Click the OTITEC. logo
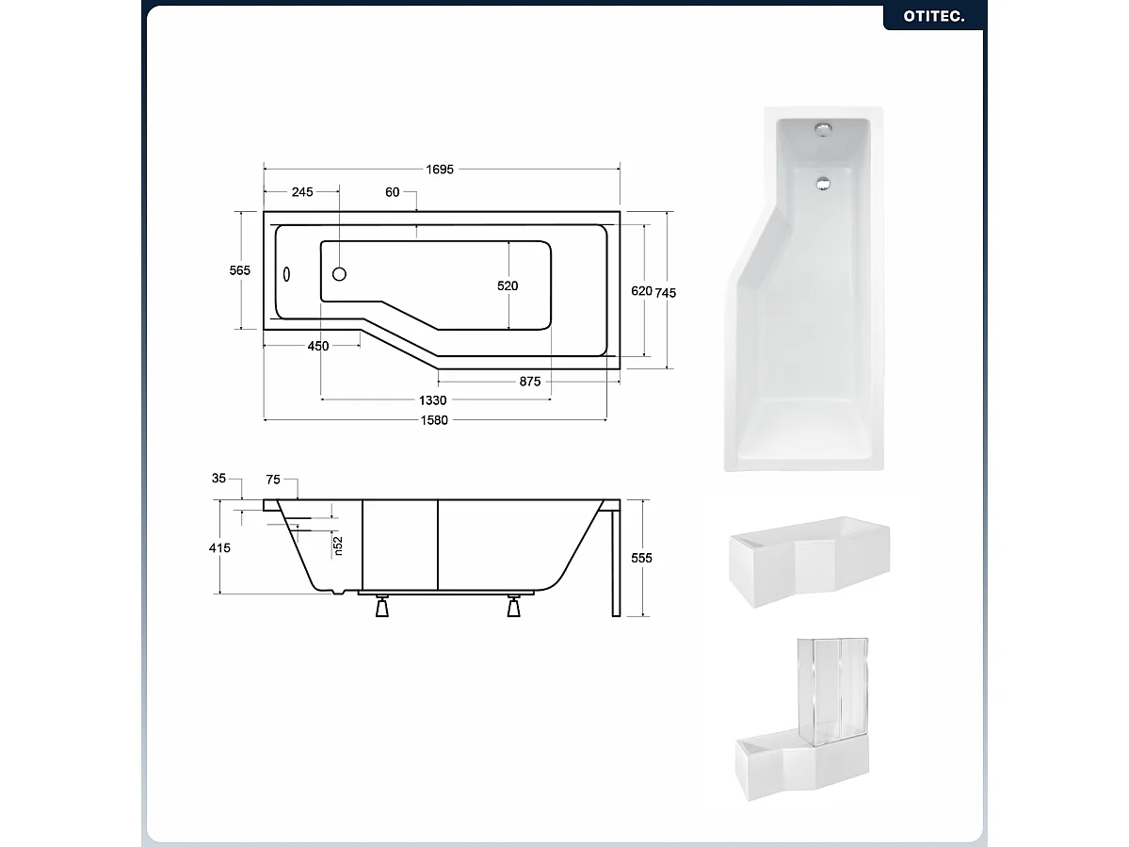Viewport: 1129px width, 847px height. coord(933,16)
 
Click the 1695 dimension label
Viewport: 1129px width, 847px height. coord(440,170)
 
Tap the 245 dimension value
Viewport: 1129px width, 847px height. coord(301,192)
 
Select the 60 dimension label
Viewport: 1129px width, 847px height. coord(393,192)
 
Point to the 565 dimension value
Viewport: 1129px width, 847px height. coord(239,270)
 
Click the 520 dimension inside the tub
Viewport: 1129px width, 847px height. coord(508,285)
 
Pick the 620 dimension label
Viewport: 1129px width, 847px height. coord(641,291)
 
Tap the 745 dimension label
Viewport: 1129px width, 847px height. coord(666,292)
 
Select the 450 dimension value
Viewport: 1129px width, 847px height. coord(318,346)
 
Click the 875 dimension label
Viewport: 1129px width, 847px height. coord(529,382)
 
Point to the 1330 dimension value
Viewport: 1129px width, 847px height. coord(433,400)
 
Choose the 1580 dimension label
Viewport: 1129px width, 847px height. coord(435,420)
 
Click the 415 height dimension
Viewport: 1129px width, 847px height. coord(218,547)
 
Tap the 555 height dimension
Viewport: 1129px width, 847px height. coord(641,558)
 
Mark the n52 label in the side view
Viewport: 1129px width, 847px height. coord(338,546)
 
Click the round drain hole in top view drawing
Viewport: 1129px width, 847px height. coord(340,274)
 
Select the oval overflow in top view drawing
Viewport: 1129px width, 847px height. coord(288,274)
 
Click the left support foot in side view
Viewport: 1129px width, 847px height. coord(382,607)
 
